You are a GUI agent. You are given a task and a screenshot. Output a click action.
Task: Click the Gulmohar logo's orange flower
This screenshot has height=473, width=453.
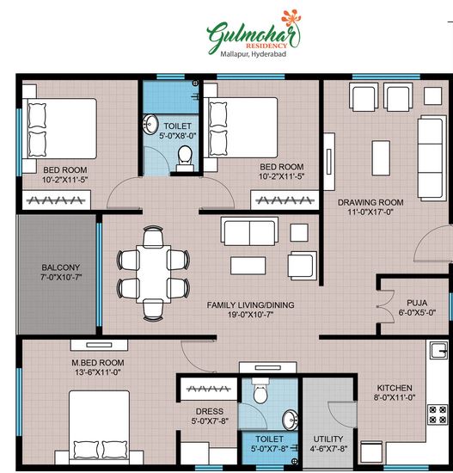point(291,18)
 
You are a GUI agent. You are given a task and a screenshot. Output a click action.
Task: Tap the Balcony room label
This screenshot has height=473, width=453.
point(61,267)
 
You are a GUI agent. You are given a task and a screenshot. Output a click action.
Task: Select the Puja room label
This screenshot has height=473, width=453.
point(417,303)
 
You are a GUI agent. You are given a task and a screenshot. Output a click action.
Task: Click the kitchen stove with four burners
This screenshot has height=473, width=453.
point(438,415)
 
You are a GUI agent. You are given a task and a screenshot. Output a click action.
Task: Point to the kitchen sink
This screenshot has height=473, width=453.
point(439,350)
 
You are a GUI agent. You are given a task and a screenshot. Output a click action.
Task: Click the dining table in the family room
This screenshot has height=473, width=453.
point(153,273)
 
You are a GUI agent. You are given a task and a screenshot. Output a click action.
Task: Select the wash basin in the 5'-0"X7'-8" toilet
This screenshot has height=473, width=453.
point(290,420)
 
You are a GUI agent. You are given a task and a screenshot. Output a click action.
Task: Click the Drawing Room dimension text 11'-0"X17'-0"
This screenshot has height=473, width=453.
point(370,212)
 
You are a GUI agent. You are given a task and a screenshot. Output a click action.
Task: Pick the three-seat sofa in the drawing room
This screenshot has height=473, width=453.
point(432,158)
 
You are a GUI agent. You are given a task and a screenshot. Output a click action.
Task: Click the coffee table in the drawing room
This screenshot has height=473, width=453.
point(381,157)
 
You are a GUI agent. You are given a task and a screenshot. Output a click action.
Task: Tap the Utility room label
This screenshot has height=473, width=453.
point(328,439)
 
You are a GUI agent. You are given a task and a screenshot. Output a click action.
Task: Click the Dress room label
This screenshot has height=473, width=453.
point(210,411)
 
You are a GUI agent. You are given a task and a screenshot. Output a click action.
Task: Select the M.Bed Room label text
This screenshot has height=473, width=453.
point(98,363)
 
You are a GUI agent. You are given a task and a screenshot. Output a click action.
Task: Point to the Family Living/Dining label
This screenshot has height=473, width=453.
point(250,305)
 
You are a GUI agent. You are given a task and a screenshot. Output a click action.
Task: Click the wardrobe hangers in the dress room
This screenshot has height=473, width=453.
point(208,389)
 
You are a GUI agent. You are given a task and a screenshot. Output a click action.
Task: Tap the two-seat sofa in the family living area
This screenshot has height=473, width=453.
point(249,231)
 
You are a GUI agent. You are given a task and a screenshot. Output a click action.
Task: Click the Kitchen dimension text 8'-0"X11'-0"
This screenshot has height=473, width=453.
point(395,397)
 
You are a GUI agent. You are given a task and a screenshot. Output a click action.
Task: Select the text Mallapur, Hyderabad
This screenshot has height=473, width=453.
point(253,54)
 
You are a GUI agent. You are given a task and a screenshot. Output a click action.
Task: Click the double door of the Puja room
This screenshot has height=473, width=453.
point(385,306)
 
